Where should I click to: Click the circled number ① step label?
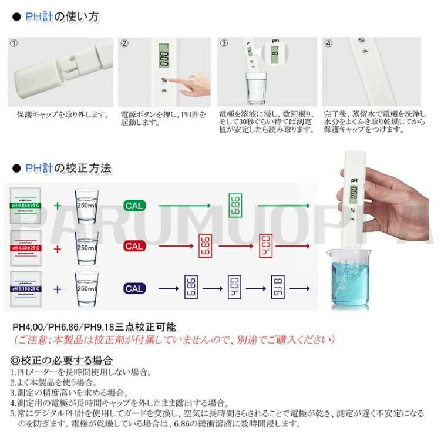coord(15,43)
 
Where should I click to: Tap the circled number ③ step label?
coord(224,43)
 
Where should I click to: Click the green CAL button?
coord(134,206)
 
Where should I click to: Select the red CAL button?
coord(134,247)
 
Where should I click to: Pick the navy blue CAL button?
coord(134,288)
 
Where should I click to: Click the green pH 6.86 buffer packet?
coord(29,206)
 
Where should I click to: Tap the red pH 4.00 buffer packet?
coord(29,247)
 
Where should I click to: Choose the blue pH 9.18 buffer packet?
coord(29,288)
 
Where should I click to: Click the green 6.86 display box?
coord(235,206)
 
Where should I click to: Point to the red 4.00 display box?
coord(267,246)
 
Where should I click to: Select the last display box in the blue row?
coord(278,288)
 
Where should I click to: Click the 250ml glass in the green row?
coord(86,205)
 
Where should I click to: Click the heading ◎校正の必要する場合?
coord(62,360)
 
